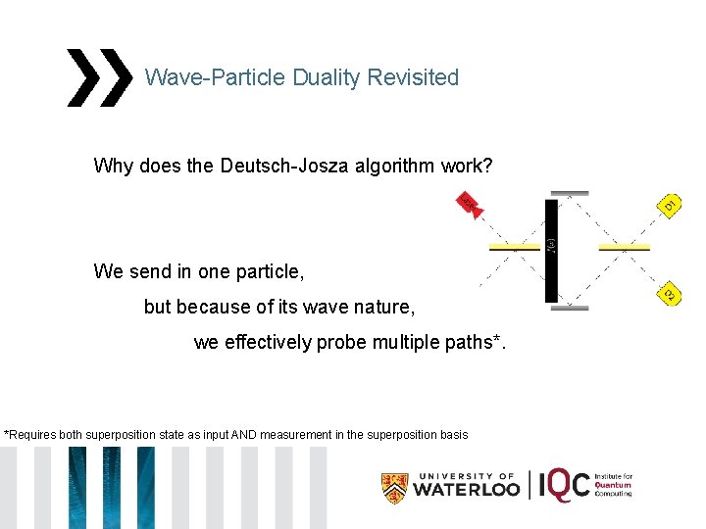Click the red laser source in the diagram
[471, 206]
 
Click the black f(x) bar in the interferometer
[551, 250]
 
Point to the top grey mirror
[570, 193]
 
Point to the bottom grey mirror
[570, 308]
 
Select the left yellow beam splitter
[515, 248]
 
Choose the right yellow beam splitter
[625, 248]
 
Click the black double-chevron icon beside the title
[99, 77]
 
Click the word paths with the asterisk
[466, 342]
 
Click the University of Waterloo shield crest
[394, 487]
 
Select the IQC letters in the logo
[566, 485]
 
